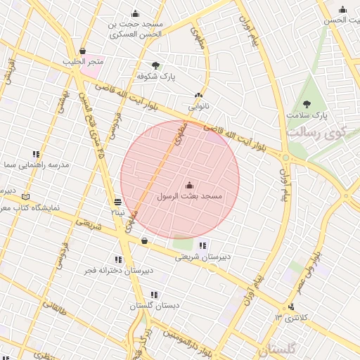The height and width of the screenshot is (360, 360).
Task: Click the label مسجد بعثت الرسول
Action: pos(188,197)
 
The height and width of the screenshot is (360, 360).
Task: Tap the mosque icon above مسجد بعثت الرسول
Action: pos(188,186)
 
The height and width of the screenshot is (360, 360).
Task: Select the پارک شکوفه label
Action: pos(156,75)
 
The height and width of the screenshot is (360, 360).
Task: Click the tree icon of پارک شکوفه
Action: pos(155,65)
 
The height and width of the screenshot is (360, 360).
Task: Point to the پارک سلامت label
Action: pos(307,115)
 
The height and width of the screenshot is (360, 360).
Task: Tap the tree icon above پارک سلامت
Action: pos(307,104)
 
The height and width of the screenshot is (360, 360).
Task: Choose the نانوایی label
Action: pos(198,108)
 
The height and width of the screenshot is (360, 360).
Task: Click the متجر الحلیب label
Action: pos(83,62)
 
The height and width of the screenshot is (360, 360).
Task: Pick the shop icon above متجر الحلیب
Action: pos(83,51)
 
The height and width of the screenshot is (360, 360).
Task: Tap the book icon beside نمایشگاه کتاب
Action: pos(27,197)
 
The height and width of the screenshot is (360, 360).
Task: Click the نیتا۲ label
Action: pos(117,212)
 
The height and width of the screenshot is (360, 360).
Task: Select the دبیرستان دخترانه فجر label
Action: pos(118,271)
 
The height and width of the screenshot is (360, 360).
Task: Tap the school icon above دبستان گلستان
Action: pos(154,295)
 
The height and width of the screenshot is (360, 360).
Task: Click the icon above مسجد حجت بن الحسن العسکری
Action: pos(136,14)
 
